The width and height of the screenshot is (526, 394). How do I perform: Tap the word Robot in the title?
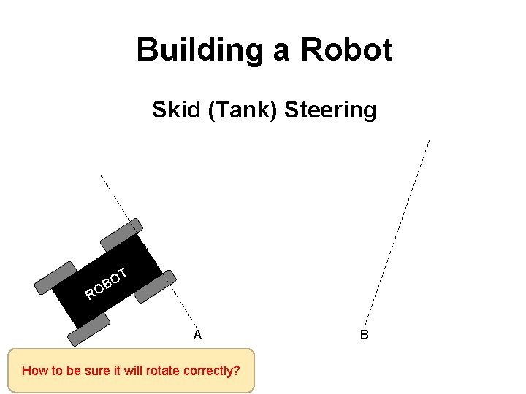(x=346, y=50)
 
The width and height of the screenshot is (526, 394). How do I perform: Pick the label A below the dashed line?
(x=197, y=335)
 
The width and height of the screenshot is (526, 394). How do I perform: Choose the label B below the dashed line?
(x=364, y=335)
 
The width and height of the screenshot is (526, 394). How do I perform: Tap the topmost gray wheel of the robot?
(x=121, y=233)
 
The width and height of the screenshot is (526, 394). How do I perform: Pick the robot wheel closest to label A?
(x=155, y=286)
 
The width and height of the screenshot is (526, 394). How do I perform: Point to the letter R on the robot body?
(x=90, y=295)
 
